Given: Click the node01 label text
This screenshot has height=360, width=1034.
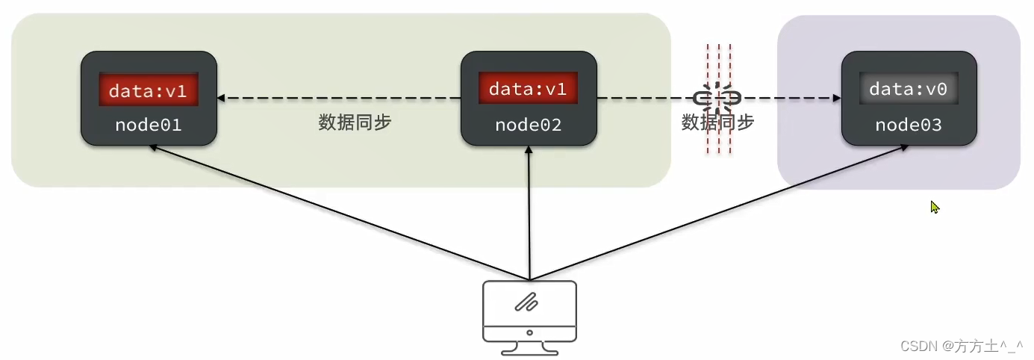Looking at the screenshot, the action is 148,125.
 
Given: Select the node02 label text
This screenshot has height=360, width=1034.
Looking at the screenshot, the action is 529,125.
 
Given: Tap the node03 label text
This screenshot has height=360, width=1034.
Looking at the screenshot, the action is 909,125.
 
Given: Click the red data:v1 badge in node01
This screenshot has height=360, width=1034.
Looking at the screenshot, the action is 148,90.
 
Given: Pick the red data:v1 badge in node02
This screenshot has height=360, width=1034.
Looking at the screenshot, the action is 528,87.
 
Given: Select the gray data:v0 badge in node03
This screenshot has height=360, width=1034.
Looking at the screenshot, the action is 909,88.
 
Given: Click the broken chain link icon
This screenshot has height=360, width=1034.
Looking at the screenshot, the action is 717,98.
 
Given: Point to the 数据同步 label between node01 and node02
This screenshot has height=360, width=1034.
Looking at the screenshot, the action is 355,122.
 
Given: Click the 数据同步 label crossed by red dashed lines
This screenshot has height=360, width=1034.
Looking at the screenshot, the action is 717,122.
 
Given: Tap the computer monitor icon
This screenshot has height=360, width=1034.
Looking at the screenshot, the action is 529,317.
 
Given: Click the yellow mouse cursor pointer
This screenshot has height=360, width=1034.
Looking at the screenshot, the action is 935,207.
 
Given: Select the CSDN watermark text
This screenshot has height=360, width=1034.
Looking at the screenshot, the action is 962,346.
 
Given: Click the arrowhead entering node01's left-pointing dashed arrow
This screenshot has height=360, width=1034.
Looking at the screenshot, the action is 221,98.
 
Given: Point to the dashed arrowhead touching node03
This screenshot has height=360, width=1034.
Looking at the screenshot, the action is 837,98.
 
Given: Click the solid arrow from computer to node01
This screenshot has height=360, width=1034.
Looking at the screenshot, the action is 339,213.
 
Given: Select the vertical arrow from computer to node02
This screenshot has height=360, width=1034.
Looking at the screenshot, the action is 529,213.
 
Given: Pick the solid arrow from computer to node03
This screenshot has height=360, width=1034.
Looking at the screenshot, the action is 719,213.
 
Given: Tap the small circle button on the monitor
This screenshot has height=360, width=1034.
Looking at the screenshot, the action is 529,332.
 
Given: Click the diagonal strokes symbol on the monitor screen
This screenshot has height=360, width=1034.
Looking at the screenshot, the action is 526,302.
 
